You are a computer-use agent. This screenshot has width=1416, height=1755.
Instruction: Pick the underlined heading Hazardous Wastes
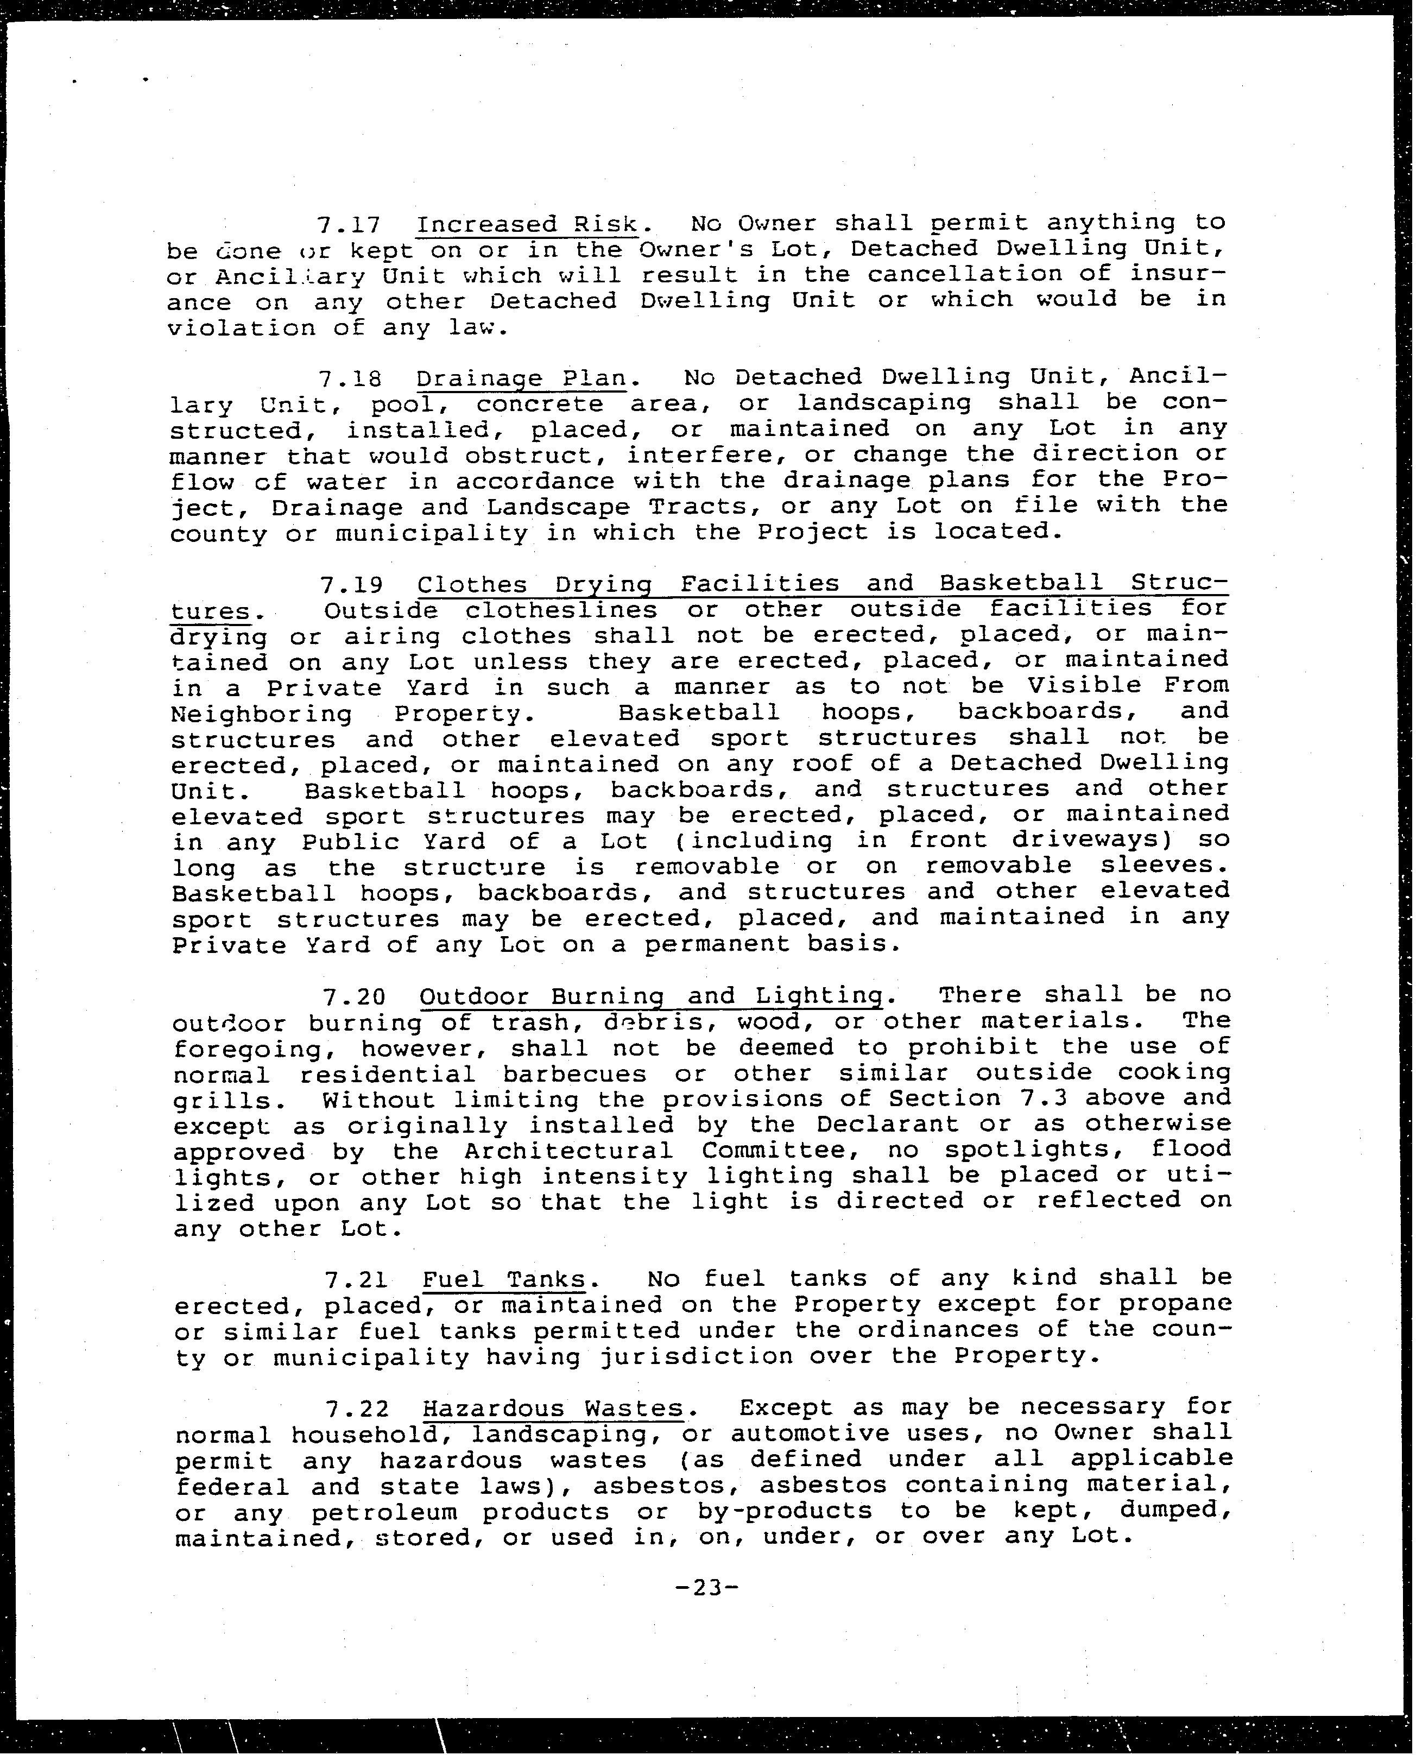pos(552,1408)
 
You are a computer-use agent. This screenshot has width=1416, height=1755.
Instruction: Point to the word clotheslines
pos(561,610)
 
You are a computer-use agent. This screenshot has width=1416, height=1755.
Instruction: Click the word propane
pos(1174,1304)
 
